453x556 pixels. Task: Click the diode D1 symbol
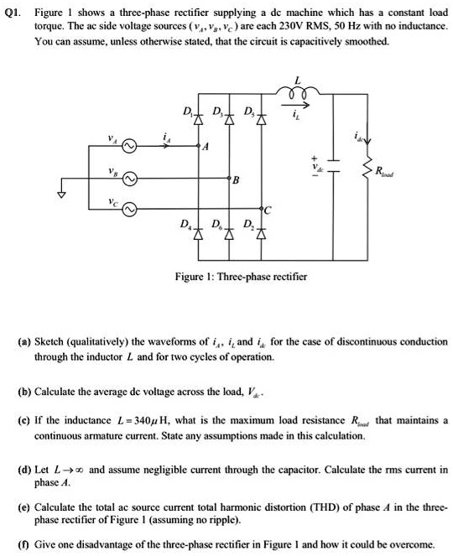[200, 120]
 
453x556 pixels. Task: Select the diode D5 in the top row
[260, 120]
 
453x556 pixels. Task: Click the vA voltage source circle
[129, 146]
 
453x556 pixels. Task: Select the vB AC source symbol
[129, 179]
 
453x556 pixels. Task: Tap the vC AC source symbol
[129, 210]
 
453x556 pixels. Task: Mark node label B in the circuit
[237, 180]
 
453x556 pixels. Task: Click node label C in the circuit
[268, 211]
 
